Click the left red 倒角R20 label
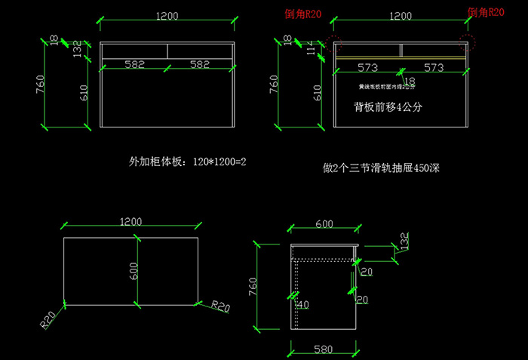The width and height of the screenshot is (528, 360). coord(302,14)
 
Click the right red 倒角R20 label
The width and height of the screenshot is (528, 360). coord(486,12)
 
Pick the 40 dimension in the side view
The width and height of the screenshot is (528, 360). coord(303,305)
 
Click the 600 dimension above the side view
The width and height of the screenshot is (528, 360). coord(324,224)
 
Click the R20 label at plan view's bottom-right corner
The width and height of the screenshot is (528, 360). coord(220,306)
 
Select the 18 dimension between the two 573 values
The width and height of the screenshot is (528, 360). coord(410,81)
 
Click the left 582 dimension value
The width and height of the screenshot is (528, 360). coord(135,66)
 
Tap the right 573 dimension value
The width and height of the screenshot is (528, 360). coord(434,68)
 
